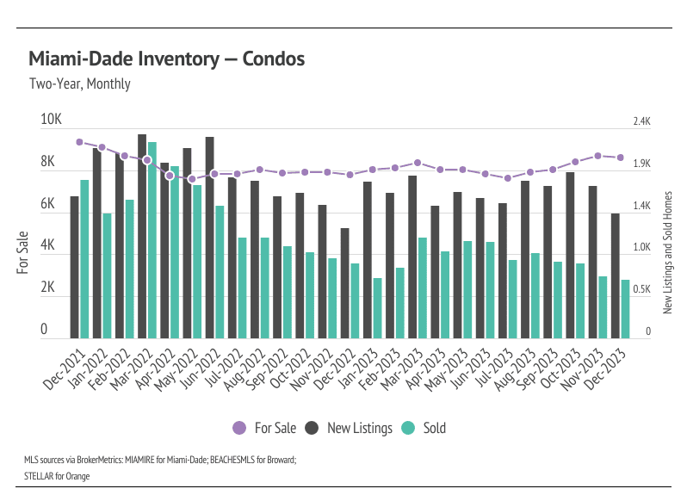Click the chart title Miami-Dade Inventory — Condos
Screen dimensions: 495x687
pos(166,59)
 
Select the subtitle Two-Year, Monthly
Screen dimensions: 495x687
pos(80,84)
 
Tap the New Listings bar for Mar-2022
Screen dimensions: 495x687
pos(142,236)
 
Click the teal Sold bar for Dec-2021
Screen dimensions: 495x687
pos(84,258)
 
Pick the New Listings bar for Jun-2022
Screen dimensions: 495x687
pos(209,237)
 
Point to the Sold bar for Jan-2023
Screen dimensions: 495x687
pos(377,307)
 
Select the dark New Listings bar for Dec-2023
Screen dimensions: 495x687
pos(616,275)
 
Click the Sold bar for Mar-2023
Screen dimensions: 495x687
pos(423,288)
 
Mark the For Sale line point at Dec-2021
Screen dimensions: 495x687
pos(79,142)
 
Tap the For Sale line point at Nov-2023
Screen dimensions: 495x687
pos(597,156)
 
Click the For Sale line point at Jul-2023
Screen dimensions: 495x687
pos(507,178)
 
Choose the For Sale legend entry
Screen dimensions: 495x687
pos(265,428)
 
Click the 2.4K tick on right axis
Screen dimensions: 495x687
pos(642,122)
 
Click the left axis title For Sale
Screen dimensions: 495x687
pos(22,253)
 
